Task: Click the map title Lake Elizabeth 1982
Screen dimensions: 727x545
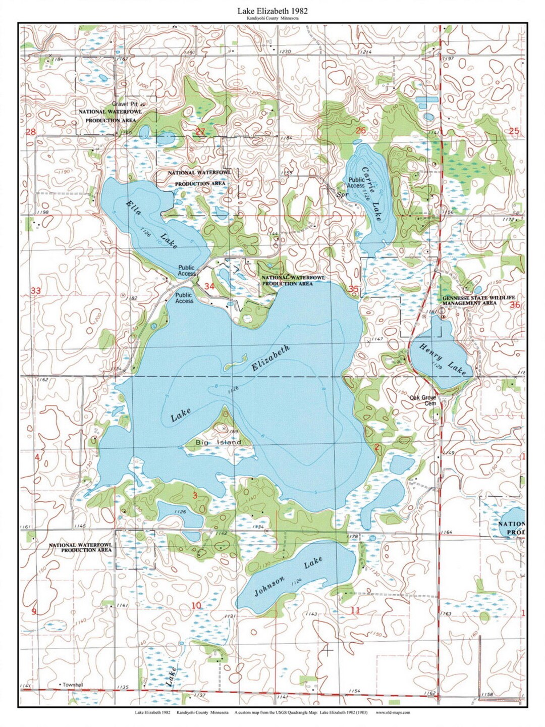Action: [272, 10]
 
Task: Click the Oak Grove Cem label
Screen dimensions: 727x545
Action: [422, 400]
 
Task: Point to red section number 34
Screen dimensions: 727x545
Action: [209, 287]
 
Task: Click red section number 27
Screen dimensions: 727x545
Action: [200, 132]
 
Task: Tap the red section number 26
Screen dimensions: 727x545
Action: [361, 131]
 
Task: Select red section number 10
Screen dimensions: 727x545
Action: [196, 606]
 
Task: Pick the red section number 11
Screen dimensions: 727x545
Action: [355, 610]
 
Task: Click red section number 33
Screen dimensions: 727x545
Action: [35, 291]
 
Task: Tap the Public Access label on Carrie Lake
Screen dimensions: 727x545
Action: [356, 183]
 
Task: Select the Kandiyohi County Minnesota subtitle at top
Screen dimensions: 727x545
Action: [272, 18]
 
